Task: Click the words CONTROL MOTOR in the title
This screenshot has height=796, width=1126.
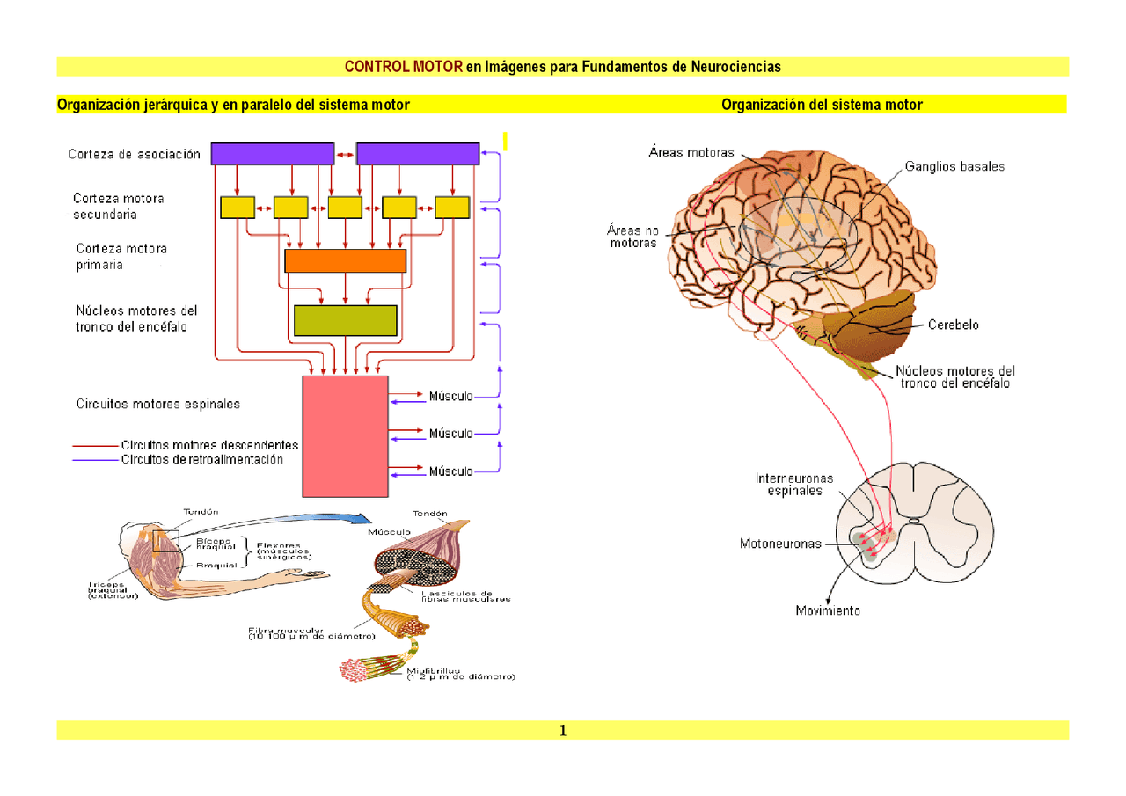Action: click(403, 67)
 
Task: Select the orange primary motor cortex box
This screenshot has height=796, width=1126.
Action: click(345, 260)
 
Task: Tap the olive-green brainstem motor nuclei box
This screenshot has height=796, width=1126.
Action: click(345, 320)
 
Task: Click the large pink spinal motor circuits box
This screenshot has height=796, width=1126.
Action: click(345, 436)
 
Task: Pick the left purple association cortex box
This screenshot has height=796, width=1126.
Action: click(272, 154)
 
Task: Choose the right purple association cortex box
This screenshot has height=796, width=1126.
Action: click(417, 154)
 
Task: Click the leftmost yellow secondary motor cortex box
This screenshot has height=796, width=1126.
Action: click(237, 207)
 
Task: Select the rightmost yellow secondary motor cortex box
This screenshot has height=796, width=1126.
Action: click(453, 207)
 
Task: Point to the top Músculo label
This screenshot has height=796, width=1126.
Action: click(450, 396)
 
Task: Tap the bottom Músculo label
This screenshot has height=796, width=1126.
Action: click(450, 471)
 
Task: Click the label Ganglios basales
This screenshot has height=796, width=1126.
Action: click(954, 166)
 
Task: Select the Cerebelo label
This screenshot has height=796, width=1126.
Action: click(953, 325)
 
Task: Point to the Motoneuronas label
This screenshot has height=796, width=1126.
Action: click(780, 544)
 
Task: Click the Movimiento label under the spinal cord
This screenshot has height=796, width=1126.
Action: click(828, 610)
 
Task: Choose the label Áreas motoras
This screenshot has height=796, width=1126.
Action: click(691, 152)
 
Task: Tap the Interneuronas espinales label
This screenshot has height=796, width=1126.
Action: click(793, 485)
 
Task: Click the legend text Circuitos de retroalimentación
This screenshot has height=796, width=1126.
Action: click(202, 459)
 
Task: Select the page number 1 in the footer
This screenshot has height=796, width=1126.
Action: click(563, 731)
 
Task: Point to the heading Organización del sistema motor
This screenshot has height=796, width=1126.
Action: click(822, 105)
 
